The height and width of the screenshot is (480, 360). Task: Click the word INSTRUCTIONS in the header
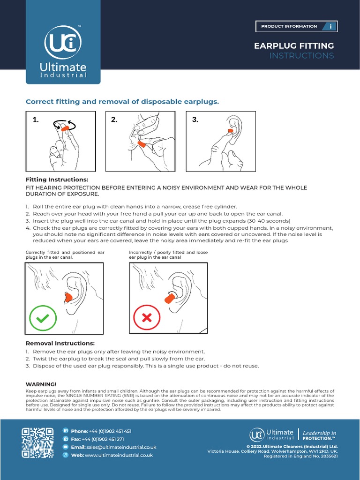click(x=301, y=56)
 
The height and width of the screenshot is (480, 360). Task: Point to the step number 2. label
click(x=114, y=120)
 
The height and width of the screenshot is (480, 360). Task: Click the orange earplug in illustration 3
click(x=230, y=131)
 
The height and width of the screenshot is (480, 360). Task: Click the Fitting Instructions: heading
click(x=57, y=180)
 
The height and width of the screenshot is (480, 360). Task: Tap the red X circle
click(x=147, y=318)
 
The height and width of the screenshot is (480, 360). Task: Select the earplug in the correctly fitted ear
click(x=67, y=297)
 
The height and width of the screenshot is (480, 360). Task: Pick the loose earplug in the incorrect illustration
click(x=169, y=298)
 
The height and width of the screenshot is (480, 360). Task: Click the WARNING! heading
click(x=41, y=384)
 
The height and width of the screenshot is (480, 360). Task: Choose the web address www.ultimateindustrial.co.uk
click(x=119, y=455)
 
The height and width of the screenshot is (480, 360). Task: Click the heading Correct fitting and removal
click(x=122, y=101)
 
